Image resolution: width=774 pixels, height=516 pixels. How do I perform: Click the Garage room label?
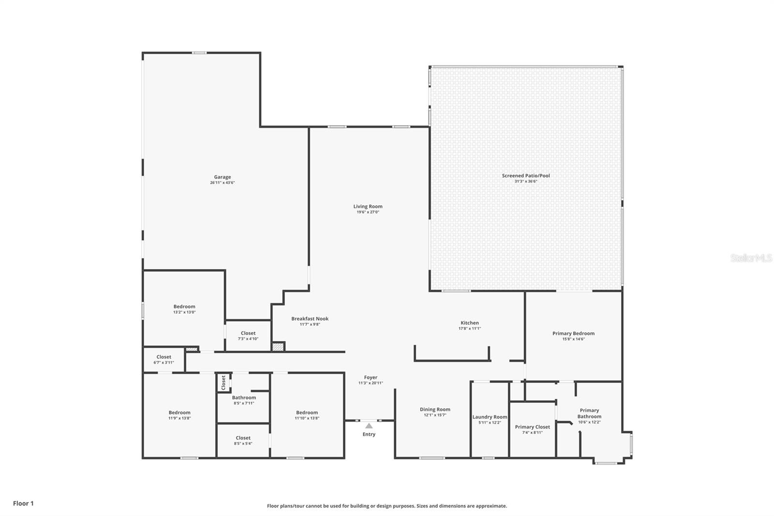pos(223,177)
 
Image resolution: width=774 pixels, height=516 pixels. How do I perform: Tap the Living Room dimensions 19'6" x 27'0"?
pos(368,212)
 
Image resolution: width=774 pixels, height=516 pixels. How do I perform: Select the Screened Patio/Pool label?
pos(526,176)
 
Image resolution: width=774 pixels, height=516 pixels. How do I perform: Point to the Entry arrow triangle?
pos(369,426)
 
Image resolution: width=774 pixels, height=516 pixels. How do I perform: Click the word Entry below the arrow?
pos(369,434)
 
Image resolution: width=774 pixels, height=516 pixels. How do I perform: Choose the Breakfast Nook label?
pos(310,319)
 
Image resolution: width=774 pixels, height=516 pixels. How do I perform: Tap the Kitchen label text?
pos(469,323)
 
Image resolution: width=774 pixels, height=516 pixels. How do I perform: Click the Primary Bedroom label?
pos(573,334)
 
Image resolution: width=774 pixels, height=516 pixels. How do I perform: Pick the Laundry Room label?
pos(490,417)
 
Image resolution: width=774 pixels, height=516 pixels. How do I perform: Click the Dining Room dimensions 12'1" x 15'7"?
pos(435,415)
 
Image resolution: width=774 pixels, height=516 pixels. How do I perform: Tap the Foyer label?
pos(371,378)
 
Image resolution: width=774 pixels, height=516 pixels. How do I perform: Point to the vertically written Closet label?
pos(223,382)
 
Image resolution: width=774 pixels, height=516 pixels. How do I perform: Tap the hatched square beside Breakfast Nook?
pos(278,347)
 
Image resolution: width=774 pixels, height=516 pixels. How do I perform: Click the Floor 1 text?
pos(23,503)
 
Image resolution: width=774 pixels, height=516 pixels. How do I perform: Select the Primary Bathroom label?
pos(589,413)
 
